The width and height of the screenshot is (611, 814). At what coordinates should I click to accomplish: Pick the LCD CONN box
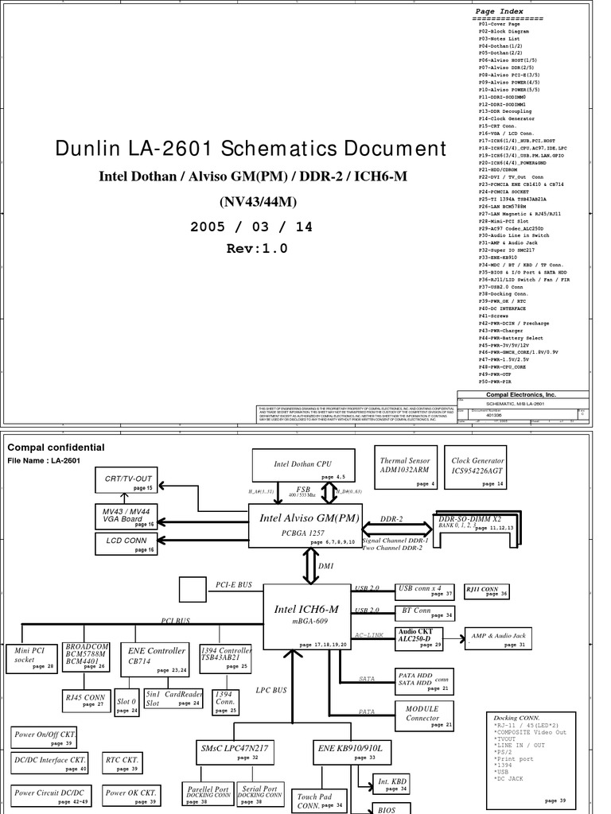tap(125, 542)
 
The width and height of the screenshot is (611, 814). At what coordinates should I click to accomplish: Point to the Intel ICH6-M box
tap(307, 616)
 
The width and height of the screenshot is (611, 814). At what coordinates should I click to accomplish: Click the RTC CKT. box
tap(122, 762)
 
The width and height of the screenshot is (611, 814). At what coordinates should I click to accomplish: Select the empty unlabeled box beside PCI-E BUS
tap(192, 590)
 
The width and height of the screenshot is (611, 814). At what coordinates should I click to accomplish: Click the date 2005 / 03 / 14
tap(251, 227)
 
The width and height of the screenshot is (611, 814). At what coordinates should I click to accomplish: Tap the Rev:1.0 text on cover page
tap(256, 249)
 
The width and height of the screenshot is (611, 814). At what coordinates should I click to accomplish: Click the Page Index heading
tap(499, 13)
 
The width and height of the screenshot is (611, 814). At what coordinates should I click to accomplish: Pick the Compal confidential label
tap(56, 448)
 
